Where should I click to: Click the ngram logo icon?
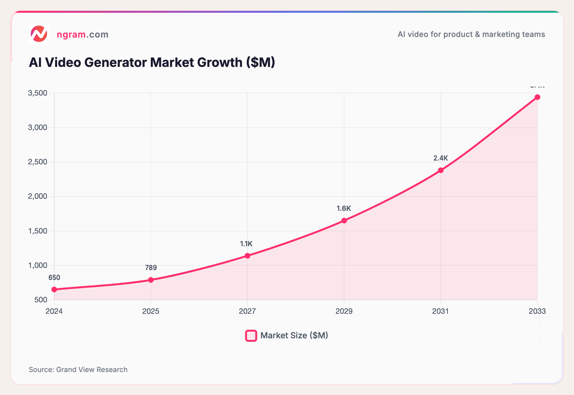pos(39,34)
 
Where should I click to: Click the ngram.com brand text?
pos(82,34)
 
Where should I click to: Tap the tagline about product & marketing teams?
pos(471,34)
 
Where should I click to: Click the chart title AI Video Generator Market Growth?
pos(152,62)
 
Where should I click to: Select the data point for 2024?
pos(54,289)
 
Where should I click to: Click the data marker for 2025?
pos(151,280)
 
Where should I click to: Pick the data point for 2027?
pos(247,255)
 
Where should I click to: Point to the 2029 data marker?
pos(344,220)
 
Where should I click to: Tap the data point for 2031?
pos(441,170)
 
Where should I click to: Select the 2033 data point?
pos(537,97)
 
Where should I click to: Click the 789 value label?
pos(151,268)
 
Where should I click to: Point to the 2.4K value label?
pos(441,158)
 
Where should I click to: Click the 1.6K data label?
pos(344,208)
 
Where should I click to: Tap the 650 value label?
pos(54,277)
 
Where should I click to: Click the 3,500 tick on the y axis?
pos(38,93)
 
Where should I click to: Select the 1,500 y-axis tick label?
pos(38,231)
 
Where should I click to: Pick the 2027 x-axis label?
pos(247,311)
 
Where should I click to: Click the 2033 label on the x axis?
pos(537,311)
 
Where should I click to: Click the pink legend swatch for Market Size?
pos(251,335)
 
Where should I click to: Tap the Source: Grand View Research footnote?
pos(78,370)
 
